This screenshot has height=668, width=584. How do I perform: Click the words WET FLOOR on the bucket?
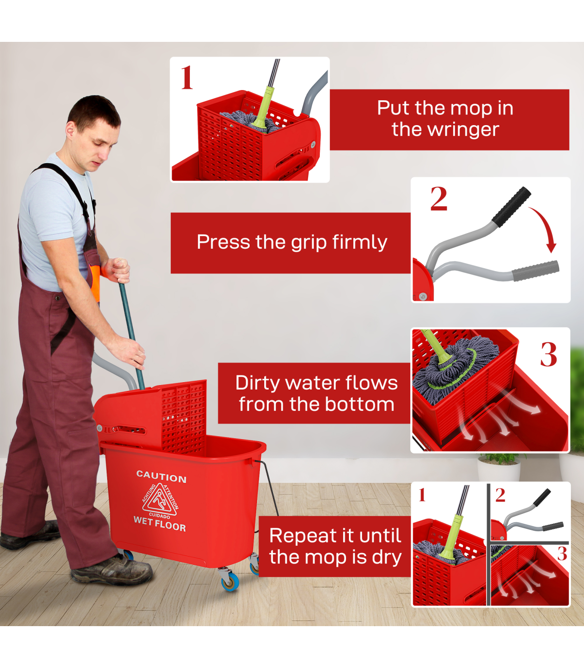[x=160, y=524]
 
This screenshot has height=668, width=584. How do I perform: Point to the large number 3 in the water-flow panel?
[x=548, y=354]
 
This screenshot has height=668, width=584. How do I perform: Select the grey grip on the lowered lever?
[x=535, y=271]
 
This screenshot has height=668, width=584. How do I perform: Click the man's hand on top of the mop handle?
[x=117, y=271]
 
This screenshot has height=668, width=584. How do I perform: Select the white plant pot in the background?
[x=498, y=468]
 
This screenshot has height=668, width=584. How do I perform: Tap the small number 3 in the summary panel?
[x=562, y=553]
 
